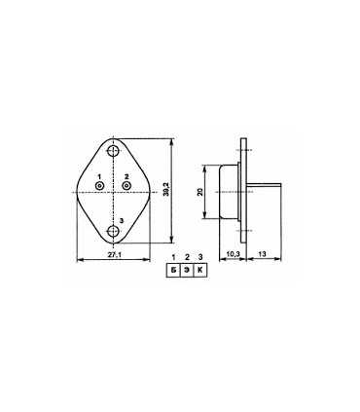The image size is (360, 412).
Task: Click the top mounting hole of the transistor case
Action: click(113, 151)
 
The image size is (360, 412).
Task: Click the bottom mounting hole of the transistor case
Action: click(113, 231)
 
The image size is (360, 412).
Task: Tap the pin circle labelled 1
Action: click(99, 186)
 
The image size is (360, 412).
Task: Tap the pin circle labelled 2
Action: click(126, 185)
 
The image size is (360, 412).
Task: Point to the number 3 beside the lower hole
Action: click(122, 221)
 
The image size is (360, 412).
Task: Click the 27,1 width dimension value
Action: click(115, 255)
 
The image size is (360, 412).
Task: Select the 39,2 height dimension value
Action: click(166, 189)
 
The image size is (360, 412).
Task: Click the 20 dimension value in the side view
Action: click(200, 192)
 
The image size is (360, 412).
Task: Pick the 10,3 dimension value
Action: click(233, 254)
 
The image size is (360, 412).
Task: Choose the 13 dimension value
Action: click(263, 254)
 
